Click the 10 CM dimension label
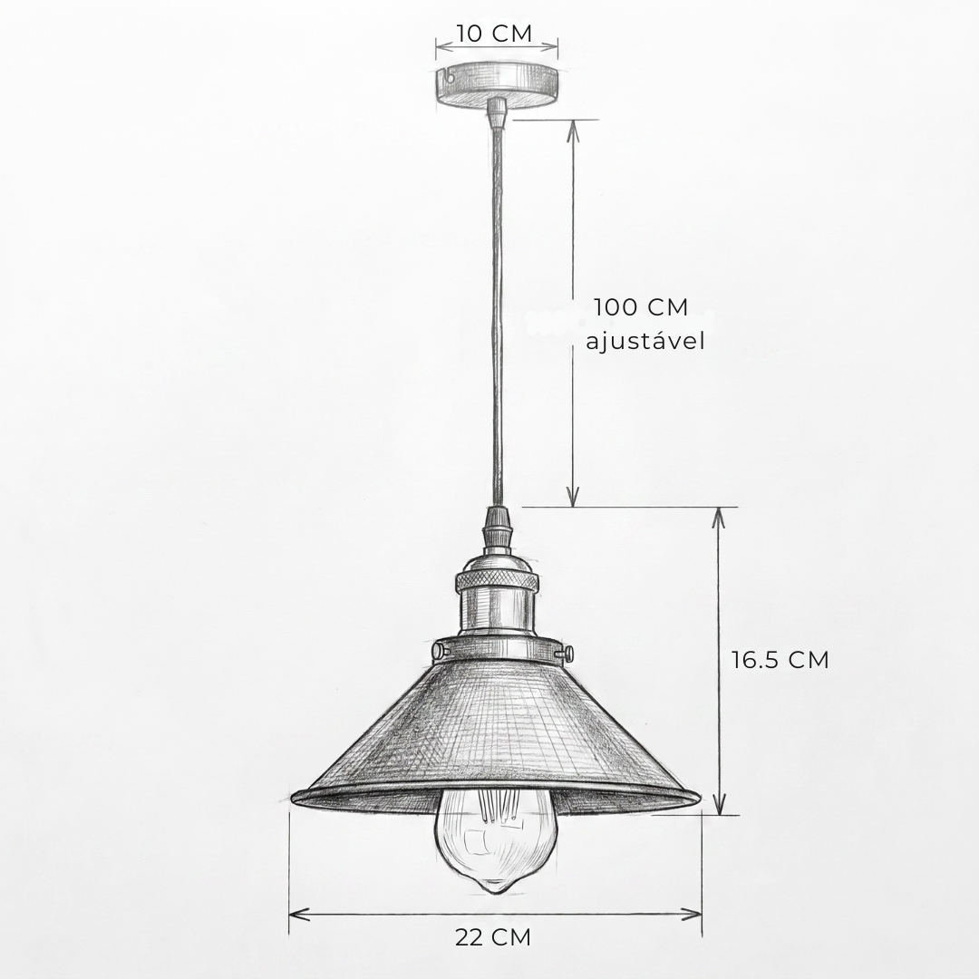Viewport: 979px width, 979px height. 494,34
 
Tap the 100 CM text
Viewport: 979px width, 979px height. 641,307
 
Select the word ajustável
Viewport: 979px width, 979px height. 645,341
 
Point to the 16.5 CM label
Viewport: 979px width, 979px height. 780,660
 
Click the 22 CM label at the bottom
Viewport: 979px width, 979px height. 492,937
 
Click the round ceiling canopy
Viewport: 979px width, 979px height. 497,83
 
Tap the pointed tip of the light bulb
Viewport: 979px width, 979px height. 494,889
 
